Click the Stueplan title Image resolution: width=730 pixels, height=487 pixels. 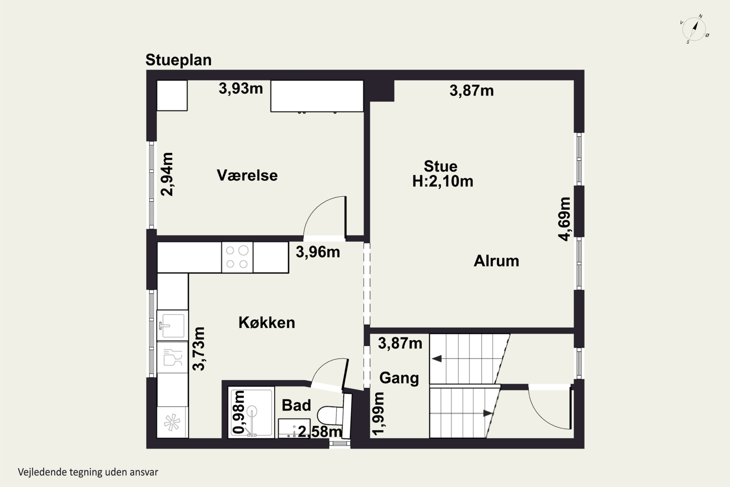(x=178, y=60)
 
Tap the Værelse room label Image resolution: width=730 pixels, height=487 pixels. (x=247, y=176)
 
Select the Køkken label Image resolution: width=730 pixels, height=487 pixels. (x=267, y=323)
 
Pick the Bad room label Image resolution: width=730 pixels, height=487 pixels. (x=296, y=405)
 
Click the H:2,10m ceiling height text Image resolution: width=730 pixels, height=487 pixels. (x=443, y=181)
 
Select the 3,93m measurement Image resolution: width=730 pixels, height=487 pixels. (x=241, y=89)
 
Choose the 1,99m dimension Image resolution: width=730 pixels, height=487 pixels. (x=378, y=413)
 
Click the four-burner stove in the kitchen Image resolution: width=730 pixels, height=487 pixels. (x=237, y=257)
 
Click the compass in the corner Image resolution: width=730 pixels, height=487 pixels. (x=694, y=29)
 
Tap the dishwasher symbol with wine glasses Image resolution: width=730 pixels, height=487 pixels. (x=172, y=357)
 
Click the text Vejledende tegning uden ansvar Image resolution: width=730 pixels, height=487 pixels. (x=88, y=472)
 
